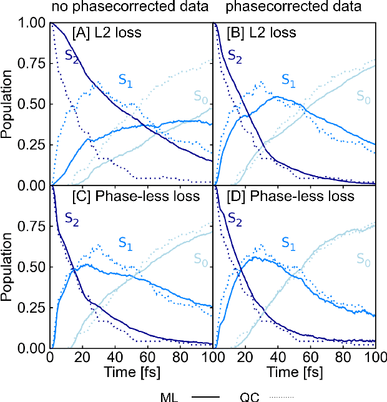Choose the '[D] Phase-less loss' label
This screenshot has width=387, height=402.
(290, 196)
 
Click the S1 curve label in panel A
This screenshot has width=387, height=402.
(127, 79)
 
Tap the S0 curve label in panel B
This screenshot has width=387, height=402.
(363, 96)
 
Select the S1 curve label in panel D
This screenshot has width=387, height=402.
(289, 242)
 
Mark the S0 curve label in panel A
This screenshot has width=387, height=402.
(200, 96)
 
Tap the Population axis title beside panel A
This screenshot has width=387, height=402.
(8, 104)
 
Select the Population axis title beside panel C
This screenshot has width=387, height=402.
(8, 267)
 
